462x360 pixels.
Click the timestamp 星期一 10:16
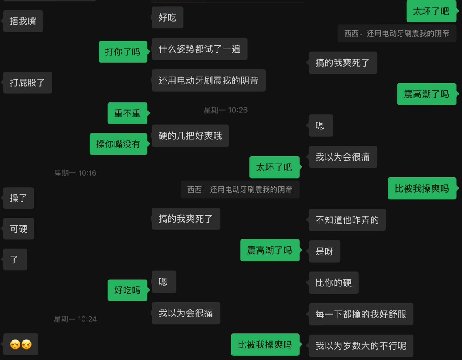pyautogui.click(x=75, y=173)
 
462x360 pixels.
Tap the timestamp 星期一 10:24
pyautogui.click(x=75, y=319)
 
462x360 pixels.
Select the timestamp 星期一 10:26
pyautogui.click(x=226, y=110)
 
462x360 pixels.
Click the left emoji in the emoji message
pyautogui.click(x=15, y=344)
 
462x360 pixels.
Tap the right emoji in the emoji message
pyautogui.click(x=26, y=344)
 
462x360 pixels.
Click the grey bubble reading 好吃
pyautogui.click(x=167, y=17)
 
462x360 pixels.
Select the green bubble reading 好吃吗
pyautogui.click(x=127, y=290)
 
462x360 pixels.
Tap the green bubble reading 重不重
pyautogui.click(x=127, y=113)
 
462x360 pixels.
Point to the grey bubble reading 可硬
pyautogui.click(x=19, y=229)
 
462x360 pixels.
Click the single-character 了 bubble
pyautogui.click(x=15, y=260)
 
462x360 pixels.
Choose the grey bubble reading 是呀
pyautogui.click(x=325, y=251)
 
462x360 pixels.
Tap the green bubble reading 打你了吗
pyautogui.click(x=123, y=52)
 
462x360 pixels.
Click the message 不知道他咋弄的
pyautogui.click(x=347, y=220)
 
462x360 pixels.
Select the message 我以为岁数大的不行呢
pyautogui.click(x=361, y=345)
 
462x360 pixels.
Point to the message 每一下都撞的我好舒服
pyautogui.click(x=361, y=314)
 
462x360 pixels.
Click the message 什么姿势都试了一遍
pyautogui.click(x=199, y=49)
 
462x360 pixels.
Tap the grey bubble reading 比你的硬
pyautogui.click(x=333, y=283)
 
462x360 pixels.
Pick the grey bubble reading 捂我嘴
pyautogui.click(x=23, y=21)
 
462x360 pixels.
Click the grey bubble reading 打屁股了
pyautogui.click(x=28, y=82)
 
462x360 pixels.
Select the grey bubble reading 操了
pyautogui.click(x=19, y=198)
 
